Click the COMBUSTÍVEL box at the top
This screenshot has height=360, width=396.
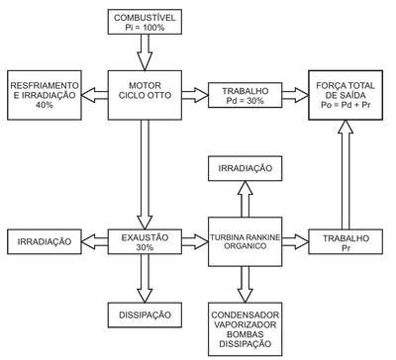145,22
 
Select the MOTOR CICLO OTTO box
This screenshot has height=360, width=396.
145,95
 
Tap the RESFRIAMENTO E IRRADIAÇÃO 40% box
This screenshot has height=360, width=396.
45,95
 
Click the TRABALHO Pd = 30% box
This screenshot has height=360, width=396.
246,95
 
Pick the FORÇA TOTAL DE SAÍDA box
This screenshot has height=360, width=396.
346,95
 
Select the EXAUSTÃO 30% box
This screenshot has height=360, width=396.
145,241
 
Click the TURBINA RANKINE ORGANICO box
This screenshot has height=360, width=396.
246,241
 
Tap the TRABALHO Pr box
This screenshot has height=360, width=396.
346,241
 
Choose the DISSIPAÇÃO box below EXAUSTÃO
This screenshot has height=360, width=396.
145,315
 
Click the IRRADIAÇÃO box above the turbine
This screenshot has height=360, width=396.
246,168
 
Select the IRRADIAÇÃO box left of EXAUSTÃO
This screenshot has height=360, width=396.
45,241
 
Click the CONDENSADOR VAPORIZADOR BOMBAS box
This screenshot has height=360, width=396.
246,329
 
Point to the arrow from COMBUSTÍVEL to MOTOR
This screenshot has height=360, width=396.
145,52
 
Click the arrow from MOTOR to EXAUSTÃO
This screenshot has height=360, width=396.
145,174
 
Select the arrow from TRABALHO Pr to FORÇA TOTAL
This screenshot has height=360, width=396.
346,175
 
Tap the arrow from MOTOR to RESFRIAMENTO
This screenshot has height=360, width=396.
95,95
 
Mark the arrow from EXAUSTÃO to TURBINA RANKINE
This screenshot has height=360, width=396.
195,241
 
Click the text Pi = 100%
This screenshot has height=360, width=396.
145,28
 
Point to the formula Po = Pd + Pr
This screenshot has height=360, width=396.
346,105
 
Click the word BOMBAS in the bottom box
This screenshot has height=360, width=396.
246,334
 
